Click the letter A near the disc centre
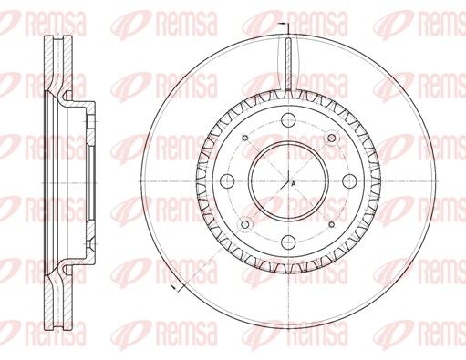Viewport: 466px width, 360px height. [293, 183]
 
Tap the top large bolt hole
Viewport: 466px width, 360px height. [288, 120]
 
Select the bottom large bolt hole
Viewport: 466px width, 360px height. [288, 242]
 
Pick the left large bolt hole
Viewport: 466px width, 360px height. [227, 181]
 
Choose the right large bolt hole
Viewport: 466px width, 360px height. [349, 181]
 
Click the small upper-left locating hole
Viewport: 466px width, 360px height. [245, 139]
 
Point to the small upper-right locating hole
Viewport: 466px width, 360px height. [332, 139]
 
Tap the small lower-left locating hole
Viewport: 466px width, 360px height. [245, 224]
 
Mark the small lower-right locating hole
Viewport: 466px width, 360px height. [332, 224]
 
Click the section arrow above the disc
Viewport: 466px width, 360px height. [285, 25]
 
